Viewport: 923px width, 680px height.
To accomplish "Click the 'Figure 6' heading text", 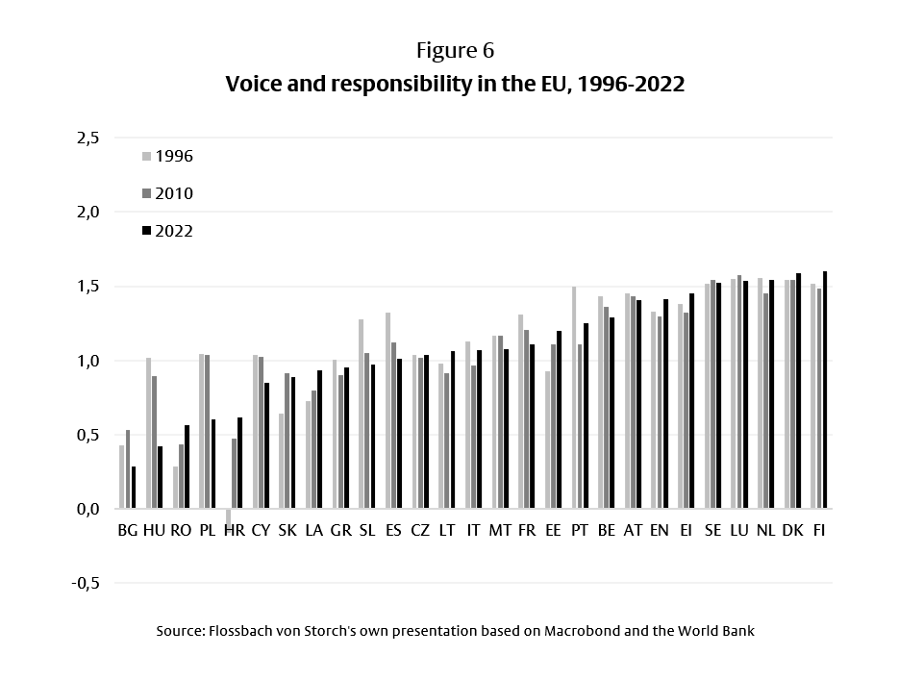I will click(455, 50).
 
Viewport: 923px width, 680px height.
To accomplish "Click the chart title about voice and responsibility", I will click(455, 84).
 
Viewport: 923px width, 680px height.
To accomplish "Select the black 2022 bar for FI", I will click(825, 390).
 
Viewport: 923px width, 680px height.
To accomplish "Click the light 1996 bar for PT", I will click(574, 397).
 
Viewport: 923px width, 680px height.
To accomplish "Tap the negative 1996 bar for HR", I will click(228, 516).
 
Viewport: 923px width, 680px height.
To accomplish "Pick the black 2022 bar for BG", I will click(134, 488).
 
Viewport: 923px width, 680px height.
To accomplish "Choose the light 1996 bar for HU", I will click(149, 433).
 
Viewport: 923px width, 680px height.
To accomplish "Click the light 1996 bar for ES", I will click(387, 411).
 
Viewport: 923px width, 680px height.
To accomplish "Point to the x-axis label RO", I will click(181, 530).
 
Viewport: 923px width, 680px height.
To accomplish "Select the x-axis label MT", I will click(500, 530).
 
